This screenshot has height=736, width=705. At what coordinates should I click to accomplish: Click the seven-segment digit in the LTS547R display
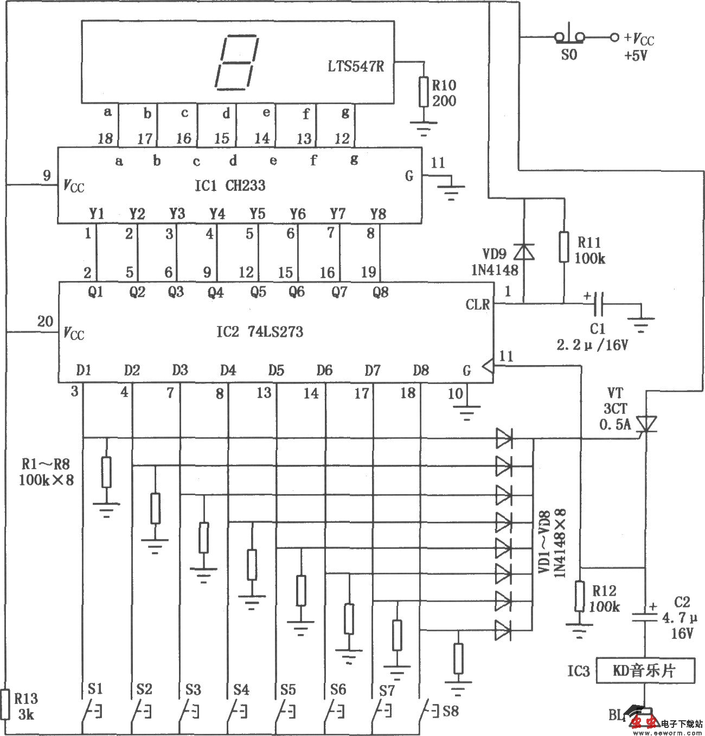(x=236, y=62)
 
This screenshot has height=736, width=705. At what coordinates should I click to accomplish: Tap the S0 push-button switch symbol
(x=569, y=37)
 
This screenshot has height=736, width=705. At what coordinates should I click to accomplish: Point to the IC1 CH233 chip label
(x=230, y=185)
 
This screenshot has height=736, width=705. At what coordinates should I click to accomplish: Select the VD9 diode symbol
(x=524, y=252)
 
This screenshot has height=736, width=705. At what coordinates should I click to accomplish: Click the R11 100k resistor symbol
(x=565, y=248)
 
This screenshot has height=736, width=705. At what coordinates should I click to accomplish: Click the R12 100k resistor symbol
(x=580, y=597)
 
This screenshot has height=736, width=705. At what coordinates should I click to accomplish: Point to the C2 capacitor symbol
(x=645, y=617)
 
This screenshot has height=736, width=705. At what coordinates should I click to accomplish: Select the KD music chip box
(x=645, y=671)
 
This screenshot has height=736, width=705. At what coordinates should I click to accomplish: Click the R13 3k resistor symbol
(x=6, y=703)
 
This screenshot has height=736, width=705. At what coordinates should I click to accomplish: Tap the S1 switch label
(x=95, y=689)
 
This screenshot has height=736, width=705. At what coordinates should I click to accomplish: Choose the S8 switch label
(x=451, y=711)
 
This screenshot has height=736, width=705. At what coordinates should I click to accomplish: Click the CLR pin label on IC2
(x=477, y=304)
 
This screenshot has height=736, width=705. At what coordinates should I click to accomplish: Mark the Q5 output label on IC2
(x=258, y=292)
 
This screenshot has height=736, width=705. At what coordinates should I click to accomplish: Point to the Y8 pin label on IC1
(x=378, y=214)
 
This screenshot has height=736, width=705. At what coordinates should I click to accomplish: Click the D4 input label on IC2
(x=228, y=370)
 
